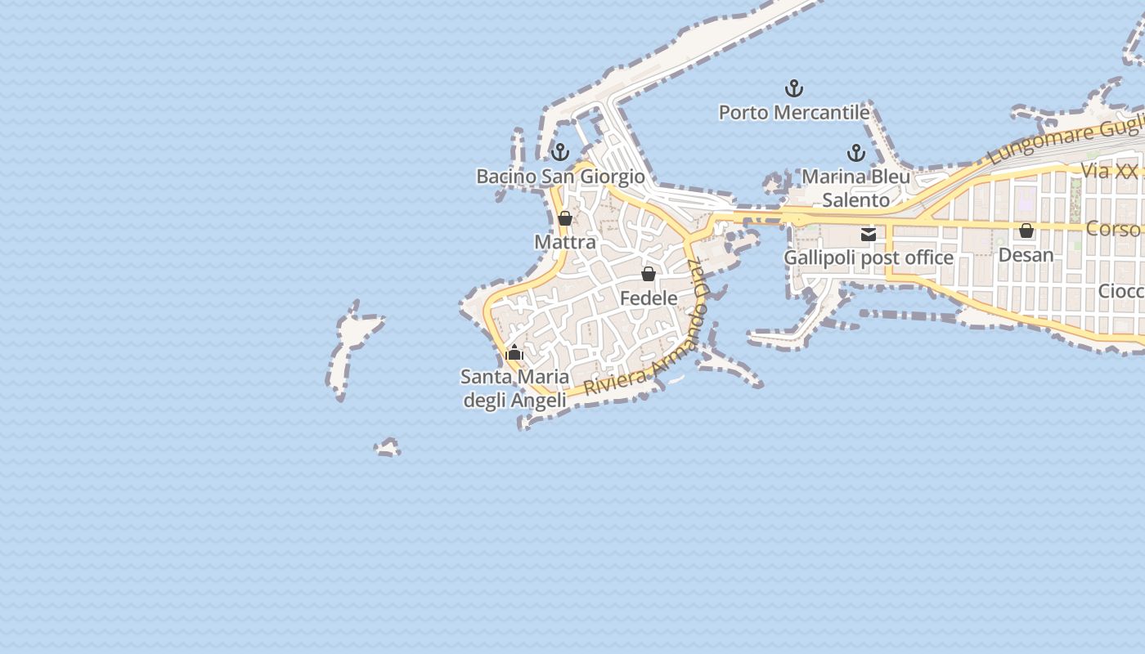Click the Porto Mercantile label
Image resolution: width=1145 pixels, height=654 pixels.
click(793, 112)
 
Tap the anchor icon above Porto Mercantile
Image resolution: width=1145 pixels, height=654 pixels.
click(793, 87)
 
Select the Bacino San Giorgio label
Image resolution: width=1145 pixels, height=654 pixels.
click(560, 176)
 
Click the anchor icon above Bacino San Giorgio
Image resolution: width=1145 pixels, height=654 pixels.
click(560, 151)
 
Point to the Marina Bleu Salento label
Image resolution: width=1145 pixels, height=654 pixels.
click(855, 188)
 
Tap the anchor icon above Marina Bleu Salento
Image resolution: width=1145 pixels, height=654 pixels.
click(855, 152)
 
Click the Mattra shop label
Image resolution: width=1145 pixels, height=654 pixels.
click(565, 242)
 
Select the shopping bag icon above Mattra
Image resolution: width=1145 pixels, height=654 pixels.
click(565, 218)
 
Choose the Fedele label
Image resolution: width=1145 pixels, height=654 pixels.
click(649, 298)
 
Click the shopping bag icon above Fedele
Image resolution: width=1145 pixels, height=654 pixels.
click(649, 273)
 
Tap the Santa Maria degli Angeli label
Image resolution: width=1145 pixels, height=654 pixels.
click(514, 388)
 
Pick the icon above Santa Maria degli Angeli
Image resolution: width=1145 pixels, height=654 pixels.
click(514, 353)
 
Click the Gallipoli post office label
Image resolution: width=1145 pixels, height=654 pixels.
click(869, 258)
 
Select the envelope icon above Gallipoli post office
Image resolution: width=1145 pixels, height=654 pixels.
click(869, 235)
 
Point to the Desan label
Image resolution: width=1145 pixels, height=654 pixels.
click(1026, 254)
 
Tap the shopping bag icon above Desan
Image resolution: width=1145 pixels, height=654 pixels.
click(1026, 231)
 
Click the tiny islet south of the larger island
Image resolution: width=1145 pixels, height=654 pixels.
click(388, 447)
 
